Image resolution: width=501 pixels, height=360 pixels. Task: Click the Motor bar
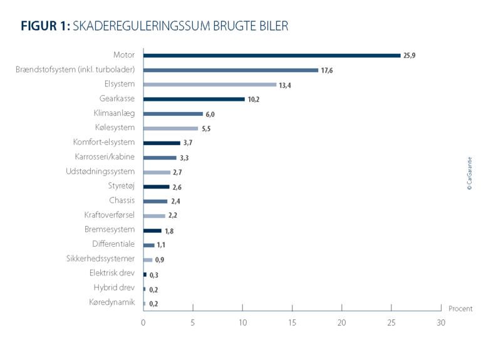pos(272,55)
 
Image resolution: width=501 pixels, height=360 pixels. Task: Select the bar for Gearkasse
pos(194,99)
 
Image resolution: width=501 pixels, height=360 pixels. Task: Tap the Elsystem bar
pos(210,85)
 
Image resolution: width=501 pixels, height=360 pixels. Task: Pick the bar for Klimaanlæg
pos(173,114)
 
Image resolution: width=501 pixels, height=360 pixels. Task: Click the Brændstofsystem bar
pos(230,70)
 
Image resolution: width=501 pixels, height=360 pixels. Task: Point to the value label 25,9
pos(410,56)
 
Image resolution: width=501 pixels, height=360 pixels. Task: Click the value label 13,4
pos(286,85)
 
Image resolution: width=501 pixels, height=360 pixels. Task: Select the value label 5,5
pos(207,129)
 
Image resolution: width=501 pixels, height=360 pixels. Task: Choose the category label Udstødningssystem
pos(100,172)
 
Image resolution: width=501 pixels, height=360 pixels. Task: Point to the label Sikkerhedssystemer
pos(100,259)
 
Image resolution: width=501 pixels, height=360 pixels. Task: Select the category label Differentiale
pos(113,245)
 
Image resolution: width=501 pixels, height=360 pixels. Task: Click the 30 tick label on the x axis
pos(441,322)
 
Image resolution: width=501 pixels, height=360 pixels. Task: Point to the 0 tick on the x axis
pos(143,322)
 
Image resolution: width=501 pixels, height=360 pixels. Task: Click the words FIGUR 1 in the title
pos(45,26)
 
